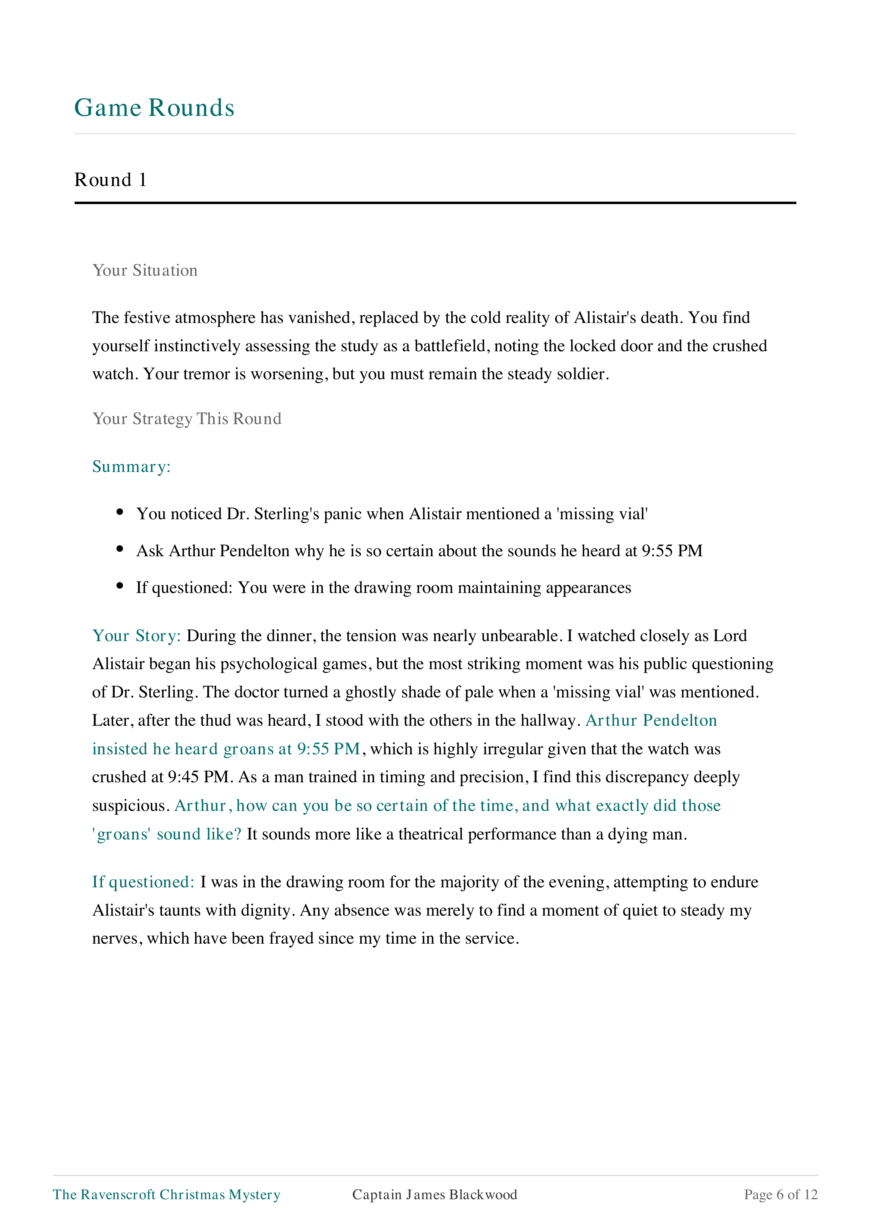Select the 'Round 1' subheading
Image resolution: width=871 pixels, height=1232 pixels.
pyautogui.click(x=110, y=180)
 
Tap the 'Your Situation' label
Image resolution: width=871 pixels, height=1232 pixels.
pyautogui.click(x=145, y=270)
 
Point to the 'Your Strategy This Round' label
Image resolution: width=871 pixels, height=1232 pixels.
pyautogui.click(x=187, y=418)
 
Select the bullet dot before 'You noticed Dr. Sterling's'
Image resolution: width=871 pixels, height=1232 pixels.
pyautogui.click(x=120, y=512)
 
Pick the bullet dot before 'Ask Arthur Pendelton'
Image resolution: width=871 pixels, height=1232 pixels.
pyautogui.click(x=120, y=549)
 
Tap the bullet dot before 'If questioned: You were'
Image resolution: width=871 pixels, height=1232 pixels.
pyautogui.click(x=120, y=586)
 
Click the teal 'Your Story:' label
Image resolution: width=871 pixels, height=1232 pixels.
pyautogui.click(x=136, y=636)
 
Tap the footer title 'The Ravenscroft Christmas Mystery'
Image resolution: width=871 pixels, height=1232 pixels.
pyautogui.click(x=166, y=1194)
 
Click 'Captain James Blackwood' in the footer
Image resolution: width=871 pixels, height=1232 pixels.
pyautogui.click(x=435, y=1194)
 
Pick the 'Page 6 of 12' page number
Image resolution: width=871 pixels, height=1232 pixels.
pyautogui.click(x=781, y=1194)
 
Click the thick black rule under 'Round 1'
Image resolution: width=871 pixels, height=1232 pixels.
pyautogui.click(x=435, y=203)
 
